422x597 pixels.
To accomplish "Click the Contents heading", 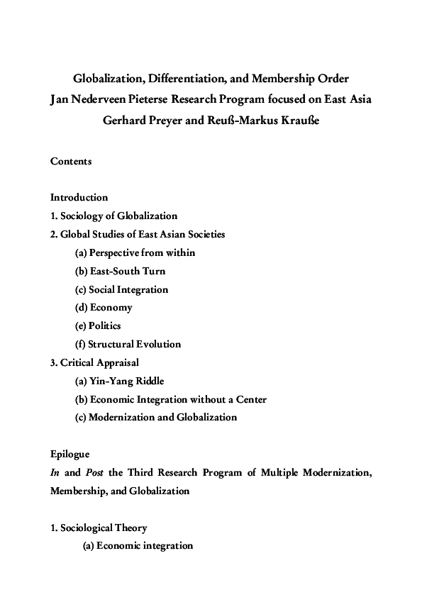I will click(x=71, y=161).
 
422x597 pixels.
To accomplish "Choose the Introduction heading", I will click(x=79, y=197).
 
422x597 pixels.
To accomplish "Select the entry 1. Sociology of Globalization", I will click(x=113, y=216).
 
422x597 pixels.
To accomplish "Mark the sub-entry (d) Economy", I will click(x=104, y=308).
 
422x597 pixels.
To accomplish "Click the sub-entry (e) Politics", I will click(x=98, y=326).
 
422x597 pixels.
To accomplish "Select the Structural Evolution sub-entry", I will click(x=134, y=345).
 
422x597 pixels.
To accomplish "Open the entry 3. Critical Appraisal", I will click(x=94, y=362).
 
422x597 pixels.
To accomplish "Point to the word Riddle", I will click(x=150, y=381).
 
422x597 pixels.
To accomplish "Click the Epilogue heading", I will click(x=70, y=454).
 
